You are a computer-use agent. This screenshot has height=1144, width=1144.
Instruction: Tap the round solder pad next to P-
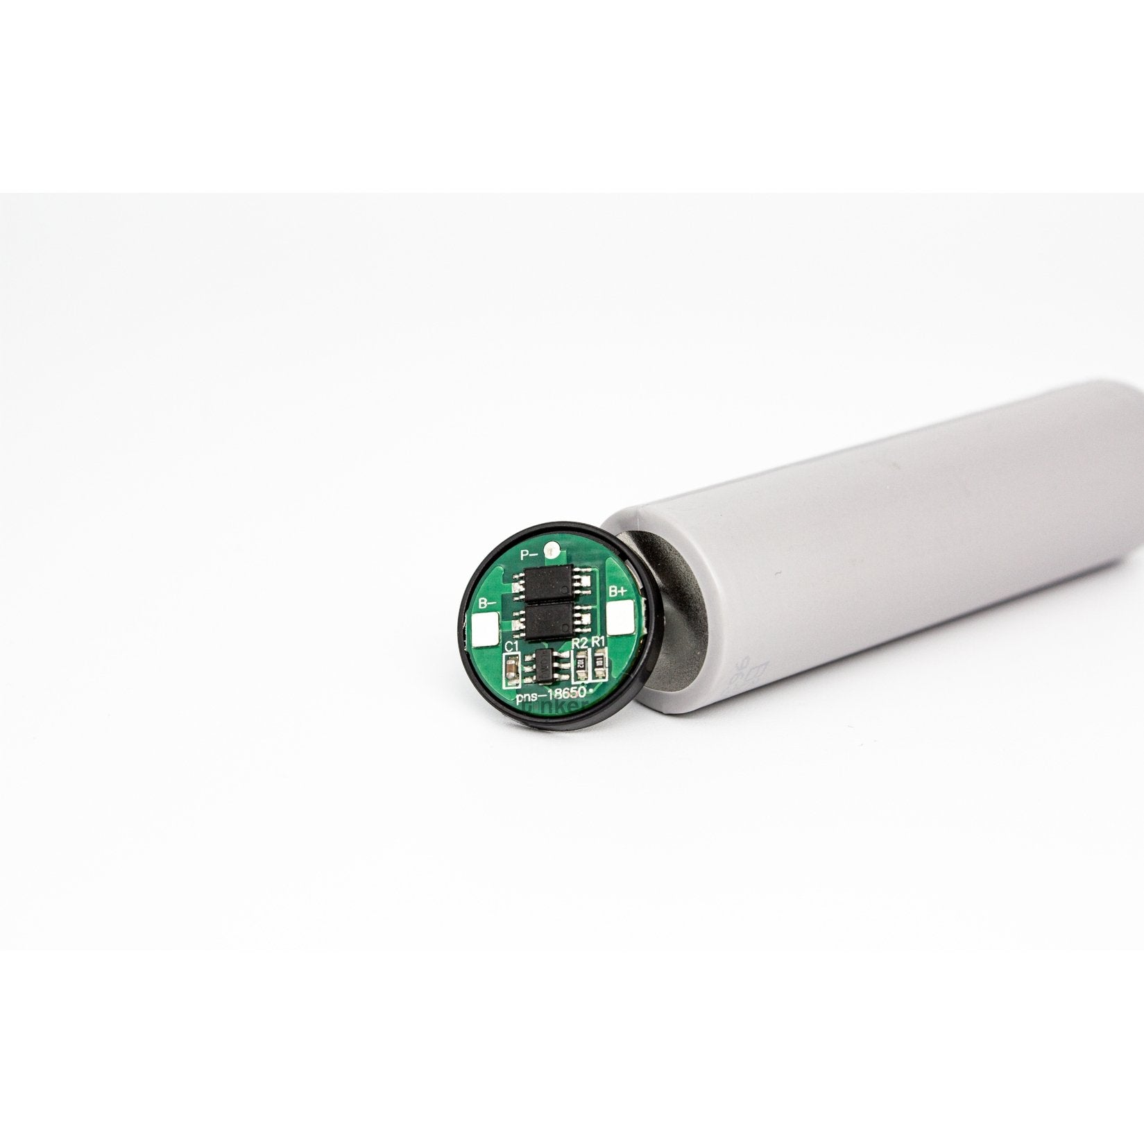tap(552, 551)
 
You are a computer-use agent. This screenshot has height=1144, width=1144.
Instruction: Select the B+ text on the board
tap(617, 591)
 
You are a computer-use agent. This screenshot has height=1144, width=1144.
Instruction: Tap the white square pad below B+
tap(620, 618)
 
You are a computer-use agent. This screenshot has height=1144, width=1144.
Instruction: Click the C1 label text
tap(511, 647)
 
